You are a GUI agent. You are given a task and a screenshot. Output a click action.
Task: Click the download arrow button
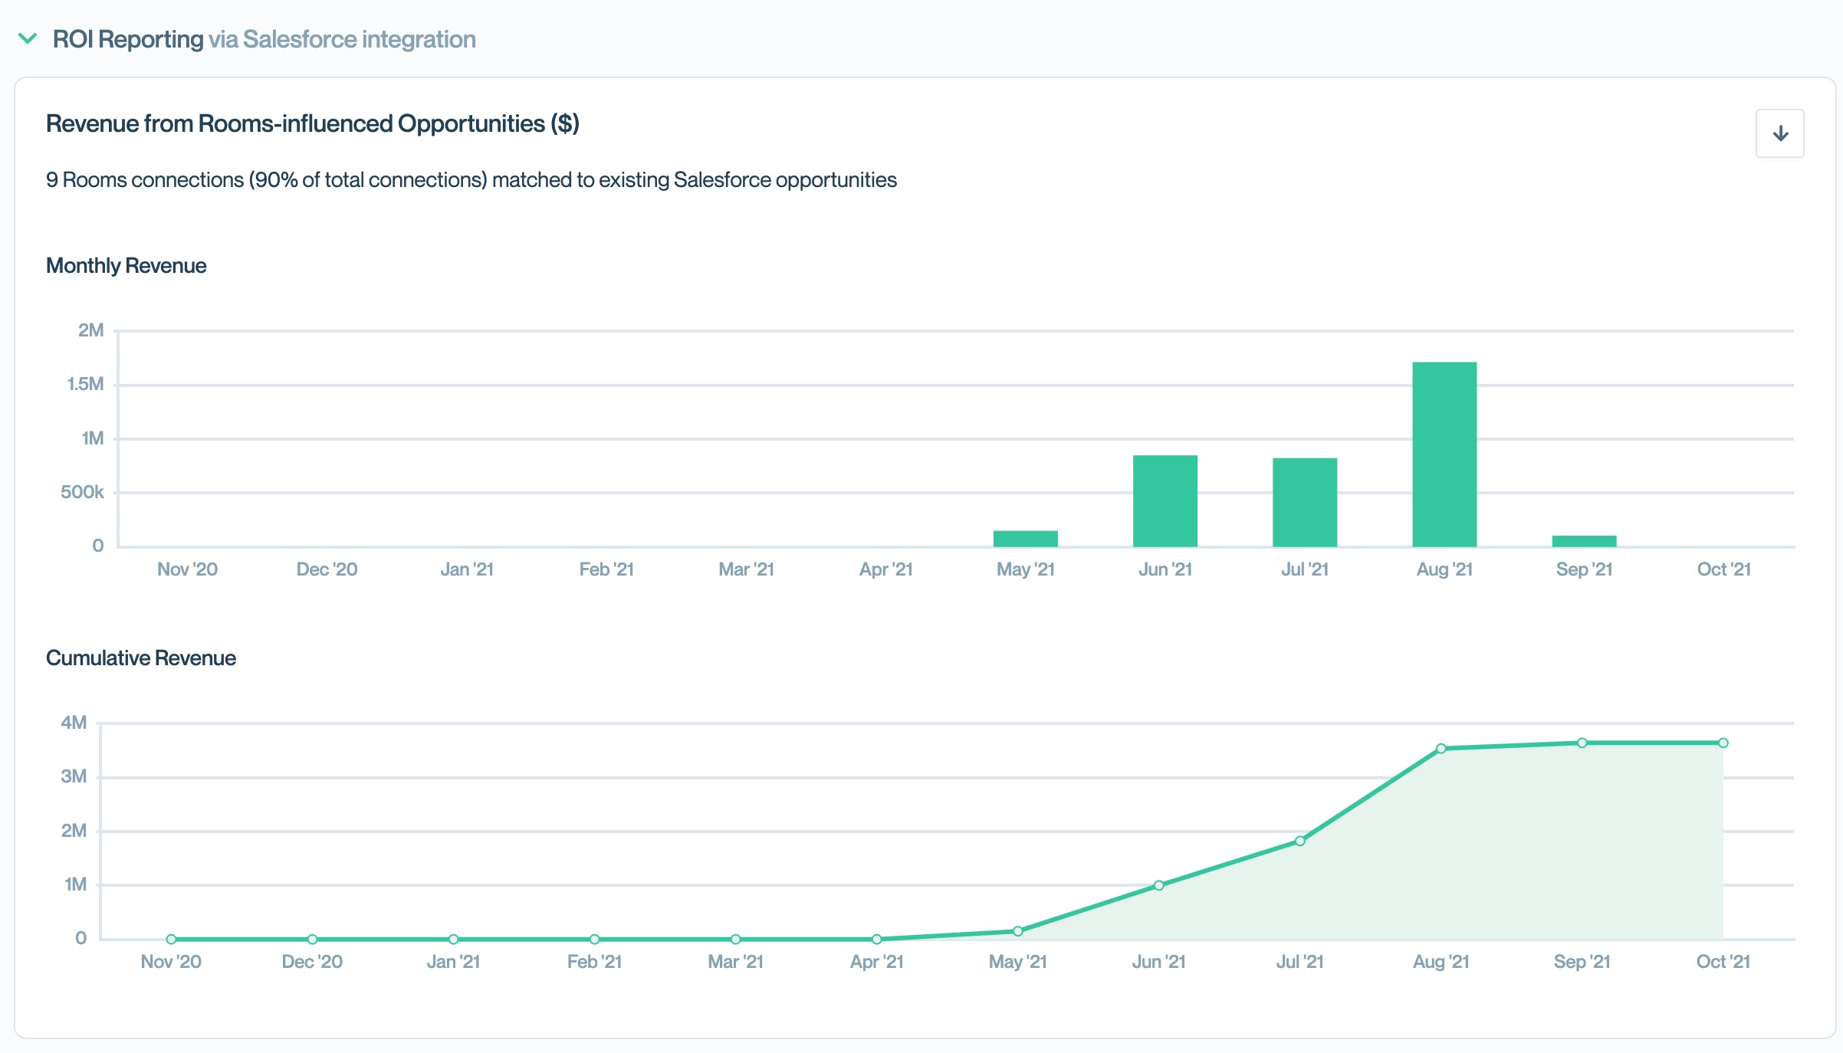(1779, 133)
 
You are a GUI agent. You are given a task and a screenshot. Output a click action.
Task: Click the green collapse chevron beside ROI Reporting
(28, 38)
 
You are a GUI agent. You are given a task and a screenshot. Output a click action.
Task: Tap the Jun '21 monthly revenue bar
(1165, 500)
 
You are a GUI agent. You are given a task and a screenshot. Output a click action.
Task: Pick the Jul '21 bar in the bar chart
(1305, 502)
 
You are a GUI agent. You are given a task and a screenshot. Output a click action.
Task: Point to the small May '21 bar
(1026, 538)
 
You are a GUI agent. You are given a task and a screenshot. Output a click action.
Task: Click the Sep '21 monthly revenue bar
(1584, 541)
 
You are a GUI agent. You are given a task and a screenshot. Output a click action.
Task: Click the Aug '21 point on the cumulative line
(1441, 749)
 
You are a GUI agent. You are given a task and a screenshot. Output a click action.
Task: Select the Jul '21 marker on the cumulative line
(1300, 841)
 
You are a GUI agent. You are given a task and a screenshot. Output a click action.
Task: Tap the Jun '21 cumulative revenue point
(1159, 885)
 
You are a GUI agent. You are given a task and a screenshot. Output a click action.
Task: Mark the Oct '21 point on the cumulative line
(1723, 743)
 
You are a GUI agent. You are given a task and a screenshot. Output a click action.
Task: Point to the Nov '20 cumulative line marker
(171, 939)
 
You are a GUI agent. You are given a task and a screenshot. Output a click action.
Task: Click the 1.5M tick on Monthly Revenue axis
(85, 384)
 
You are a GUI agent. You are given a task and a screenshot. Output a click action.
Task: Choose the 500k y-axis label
(82, 492)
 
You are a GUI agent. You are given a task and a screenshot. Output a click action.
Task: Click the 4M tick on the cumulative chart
(74, 723)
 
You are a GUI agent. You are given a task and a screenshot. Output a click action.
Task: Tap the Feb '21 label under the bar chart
(606, 569)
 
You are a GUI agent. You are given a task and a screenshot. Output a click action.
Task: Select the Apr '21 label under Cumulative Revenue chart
(877, 962)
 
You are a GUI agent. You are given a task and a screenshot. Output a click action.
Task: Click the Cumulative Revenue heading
(141, 658)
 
